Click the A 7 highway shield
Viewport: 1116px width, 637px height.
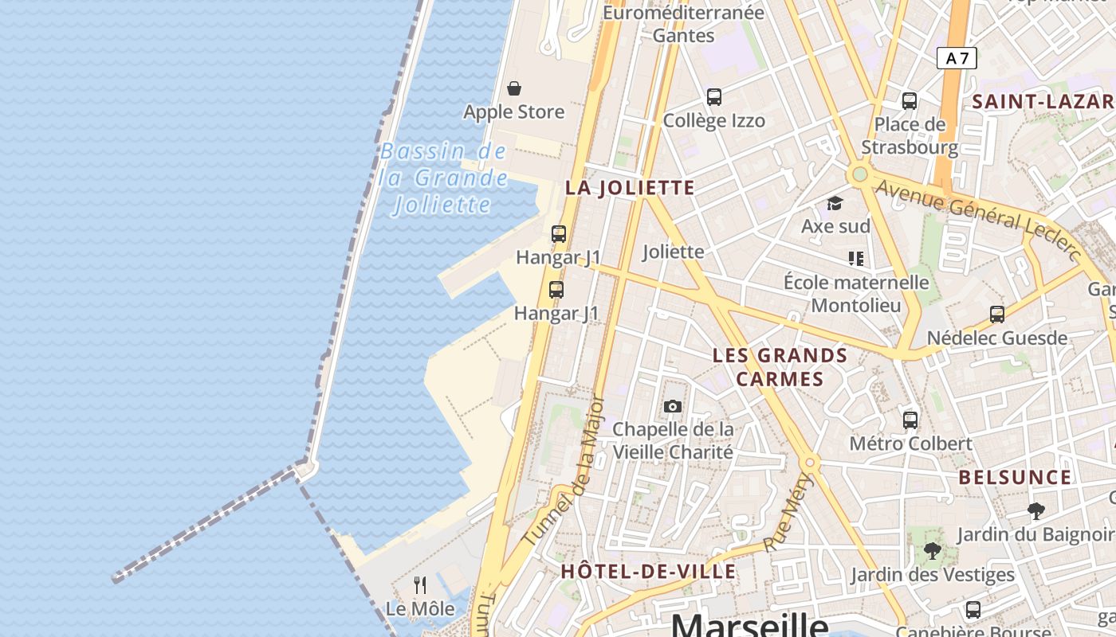pos(957,58)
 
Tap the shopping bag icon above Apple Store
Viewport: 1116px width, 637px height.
pos(514,88)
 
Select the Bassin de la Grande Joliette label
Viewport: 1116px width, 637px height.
pos(443,178)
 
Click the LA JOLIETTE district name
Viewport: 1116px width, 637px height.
pos(630,188)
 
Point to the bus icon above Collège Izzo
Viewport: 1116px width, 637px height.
pos(714,97)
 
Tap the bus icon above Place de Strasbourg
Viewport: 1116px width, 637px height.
pos(910,101)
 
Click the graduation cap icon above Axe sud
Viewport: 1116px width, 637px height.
pos(835,203)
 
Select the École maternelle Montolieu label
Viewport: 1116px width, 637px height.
pos(856,293)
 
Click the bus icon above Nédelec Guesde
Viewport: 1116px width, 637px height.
pos(997,314)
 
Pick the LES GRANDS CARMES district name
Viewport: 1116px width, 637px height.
pos(780,366)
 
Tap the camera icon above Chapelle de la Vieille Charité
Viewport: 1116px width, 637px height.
pos(673,407)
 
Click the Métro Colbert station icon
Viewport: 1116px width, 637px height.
pos(910,420)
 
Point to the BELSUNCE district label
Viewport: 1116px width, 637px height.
pos(1015,478)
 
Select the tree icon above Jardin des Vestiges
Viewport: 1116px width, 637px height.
pos(932,550)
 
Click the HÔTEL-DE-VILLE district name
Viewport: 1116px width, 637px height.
pos(648,572)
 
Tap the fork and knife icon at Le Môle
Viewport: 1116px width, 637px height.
pos(420,585)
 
